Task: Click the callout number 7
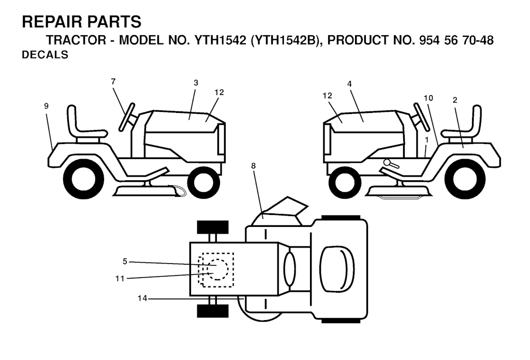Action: [x=113, y=81]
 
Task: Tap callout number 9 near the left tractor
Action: [x=46, y=106]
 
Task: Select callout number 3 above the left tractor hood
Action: [x=196, y=83]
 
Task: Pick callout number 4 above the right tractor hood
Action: [x=349, y=83]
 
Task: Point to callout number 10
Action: [x=428, y=98]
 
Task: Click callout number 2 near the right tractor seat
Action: [x=454, y=100]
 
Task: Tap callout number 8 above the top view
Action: [x=253, y=166]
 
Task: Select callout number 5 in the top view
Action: [x=125, y=261]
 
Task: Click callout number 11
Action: [x=120, y=279]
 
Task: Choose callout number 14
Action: [x=142, y=298]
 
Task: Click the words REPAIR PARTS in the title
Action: [x=81, y=22]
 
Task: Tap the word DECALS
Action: [x=45, y=54]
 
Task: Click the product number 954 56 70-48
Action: [x=456, y=40]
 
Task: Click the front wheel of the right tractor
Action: [x=345, y=182]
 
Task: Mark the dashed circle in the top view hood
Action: [x=217, y=269]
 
